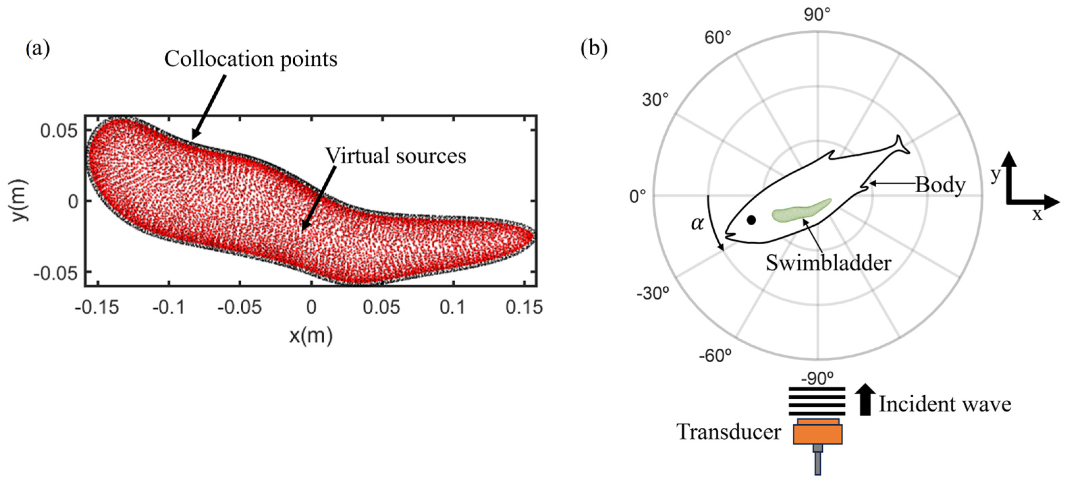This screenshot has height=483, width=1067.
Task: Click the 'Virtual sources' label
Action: pyautogui.click(x=396, y=156)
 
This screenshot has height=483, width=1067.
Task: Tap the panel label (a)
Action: pyautogui.click(x=38, y=49)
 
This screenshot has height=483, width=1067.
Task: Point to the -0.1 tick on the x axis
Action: pyautogui.click(x=168, y=307)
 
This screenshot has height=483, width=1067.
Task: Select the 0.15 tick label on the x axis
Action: pyautogui.click(x=524, y=307)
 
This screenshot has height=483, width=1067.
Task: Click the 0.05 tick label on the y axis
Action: pyautogui.click(x=58, y=131)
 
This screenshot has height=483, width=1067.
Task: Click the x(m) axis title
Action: pyautogui.click(x=311, y=335)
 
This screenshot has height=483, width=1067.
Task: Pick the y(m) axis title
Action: pyautogui.click(x=19, y=200)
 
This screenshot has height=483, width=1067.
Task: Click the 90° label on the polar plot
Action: pyautogui.click(x=817, y=15)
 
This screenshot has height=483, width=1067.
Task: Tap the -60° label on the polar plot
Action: pyautogui.click(x=715, y=355)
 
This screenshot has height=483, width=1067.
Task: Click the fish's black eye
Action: pyautogui.click(x=751, y=220)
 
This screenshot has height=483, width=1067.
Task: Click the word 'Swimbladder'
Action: pyautogui.click(x=828, y=263)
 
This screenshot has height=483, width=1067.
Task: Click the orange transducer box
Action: pyautogui.click(x=818, y=434)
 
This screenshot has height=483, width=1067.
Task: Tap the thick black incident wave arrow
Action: pyautogui.click(x=865, y=399)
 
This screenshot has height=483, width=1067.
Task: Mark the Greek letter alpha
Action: pyautogui.click(x=697, y=224)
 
